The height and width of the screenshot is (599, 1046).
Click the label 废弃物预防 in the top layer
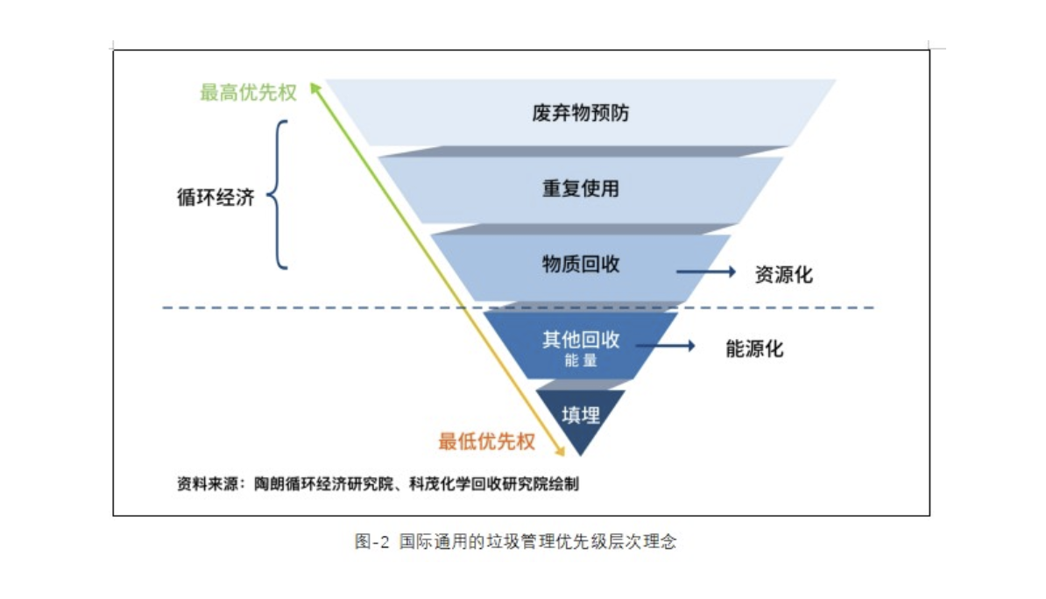tap(580, 114)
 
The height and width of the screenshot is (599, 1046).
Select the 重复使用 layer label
tap(580, 188)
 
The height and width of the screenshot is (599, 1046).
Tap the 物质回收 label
tap(580, 264)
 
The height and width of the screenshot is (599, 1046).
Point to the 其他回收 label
tap(580, 339)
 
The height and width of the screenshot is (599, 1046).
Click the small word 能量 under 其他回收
tap(580, 359)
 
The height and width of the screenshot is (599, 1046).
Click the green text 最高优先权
tap(248, 93)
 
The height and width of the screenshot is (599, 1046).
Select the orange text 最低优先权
tap(486, 441)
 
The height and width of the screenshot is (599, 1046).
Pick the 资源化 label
tap(783, 275)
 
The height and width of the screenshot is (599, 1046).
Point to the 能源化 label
tap(754, 349)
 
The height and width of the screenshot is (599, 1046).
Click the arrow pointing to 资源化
tap(706, 272)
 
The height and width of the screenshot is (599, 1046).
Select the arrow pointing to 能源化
tap(665, 346)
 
